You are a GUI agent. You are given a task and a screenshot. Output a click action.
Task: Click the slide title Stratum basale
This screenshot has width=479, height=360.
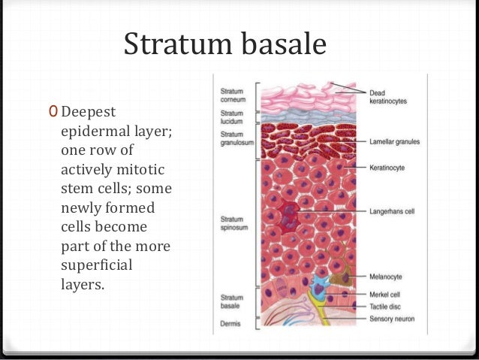click(x=224, y=44)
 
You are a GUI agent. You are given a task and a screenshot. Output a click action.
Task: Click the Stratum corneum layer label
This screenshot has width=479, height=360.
click(x=232, y=94)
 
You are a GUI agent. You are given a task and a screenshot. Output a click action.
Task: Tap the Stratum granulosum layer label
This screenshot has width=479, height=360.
click(x=233, y=137)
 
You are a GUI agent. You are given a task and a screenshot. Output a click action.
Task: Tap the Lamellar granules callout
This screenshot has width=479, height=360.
click(x=393, y=141)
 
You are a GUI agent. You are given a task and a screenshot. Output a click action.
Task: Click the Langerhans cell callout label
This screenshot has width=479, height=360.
click(x=392, y=211)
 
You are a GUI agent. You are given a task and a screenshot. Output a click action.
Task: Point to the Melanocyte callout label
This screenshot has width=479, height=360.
click(x=386, y=277)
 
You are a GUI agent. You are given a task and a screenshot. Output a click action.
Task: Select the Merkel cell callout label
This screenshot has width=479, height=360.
click(x=386, y=294)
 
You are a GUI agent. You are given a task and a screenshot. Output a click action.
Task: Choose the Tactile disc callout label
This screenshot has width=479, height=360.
click(x=386, y=306)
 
